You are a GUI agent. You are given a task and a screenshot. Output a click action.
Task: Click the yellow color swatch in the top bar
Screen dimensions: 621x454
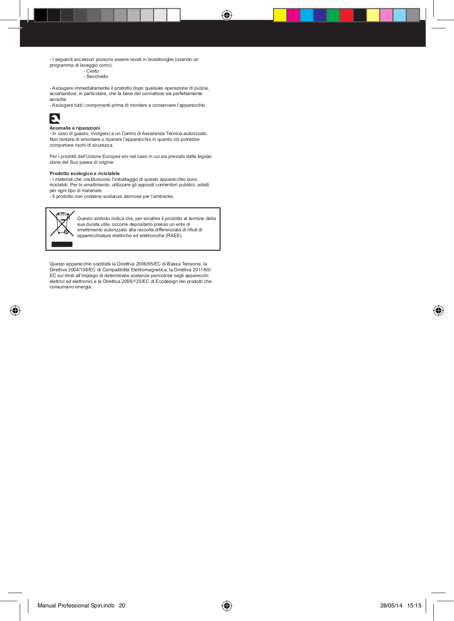(280, 15)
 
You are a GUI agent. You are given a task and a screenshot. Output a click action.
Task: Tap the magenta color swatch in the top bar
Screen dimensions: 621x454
(293, 15)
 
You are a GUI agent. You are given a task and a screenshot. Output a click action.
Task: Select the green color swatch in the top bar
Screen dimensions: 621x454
(333, 15)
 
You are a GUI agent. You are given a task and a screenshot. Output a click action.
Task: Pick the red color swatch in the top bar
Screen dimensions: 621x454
(346, 15)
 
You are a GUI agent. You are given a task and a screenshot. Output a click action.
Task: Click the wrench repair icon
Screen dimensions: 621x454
(55, 118)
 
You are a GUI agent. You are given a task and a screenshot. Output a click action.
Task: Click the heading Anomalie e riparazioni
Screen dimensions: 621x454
(75, 128)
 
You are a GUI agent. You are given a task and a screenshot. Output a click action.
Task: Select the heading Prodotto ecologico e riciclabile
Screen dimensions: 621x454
(85, 173)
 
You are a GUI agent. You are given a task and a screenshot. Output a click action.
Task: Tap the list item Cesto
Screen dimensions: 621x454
(93, 71)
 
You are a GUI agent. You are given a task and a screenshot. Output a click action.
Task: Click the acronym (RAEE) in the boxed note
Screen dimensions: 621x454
(174, 236)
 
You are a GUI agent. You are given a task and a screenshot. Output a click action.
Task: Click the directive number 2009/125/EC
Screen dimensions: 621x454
(135, 281)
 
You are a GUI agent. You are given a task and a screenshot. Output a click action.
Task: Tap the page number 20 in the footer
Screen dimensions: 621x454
(122, 605)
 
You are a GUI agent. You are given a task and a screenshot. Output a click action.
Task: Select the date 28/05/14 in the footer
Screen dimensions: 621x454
(391, 605)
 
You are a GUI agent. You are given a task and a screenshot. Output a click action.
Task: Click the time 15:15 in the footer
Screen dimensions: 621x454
(414, 605)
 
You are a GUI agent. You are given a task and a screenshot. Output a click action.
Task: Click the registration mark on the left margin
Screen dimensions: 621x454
(15, 310)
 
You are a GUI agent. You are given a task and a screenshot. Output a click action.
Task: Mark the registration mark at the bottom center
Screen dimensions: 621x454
(227, 605)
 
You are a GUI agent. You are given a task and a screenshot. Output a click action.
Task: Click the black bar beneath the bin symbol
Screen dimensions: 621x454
(62, 244)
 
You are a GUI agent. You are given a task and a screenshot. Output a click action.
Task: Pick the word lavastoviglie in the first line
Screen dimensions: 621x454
(161, 59)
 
